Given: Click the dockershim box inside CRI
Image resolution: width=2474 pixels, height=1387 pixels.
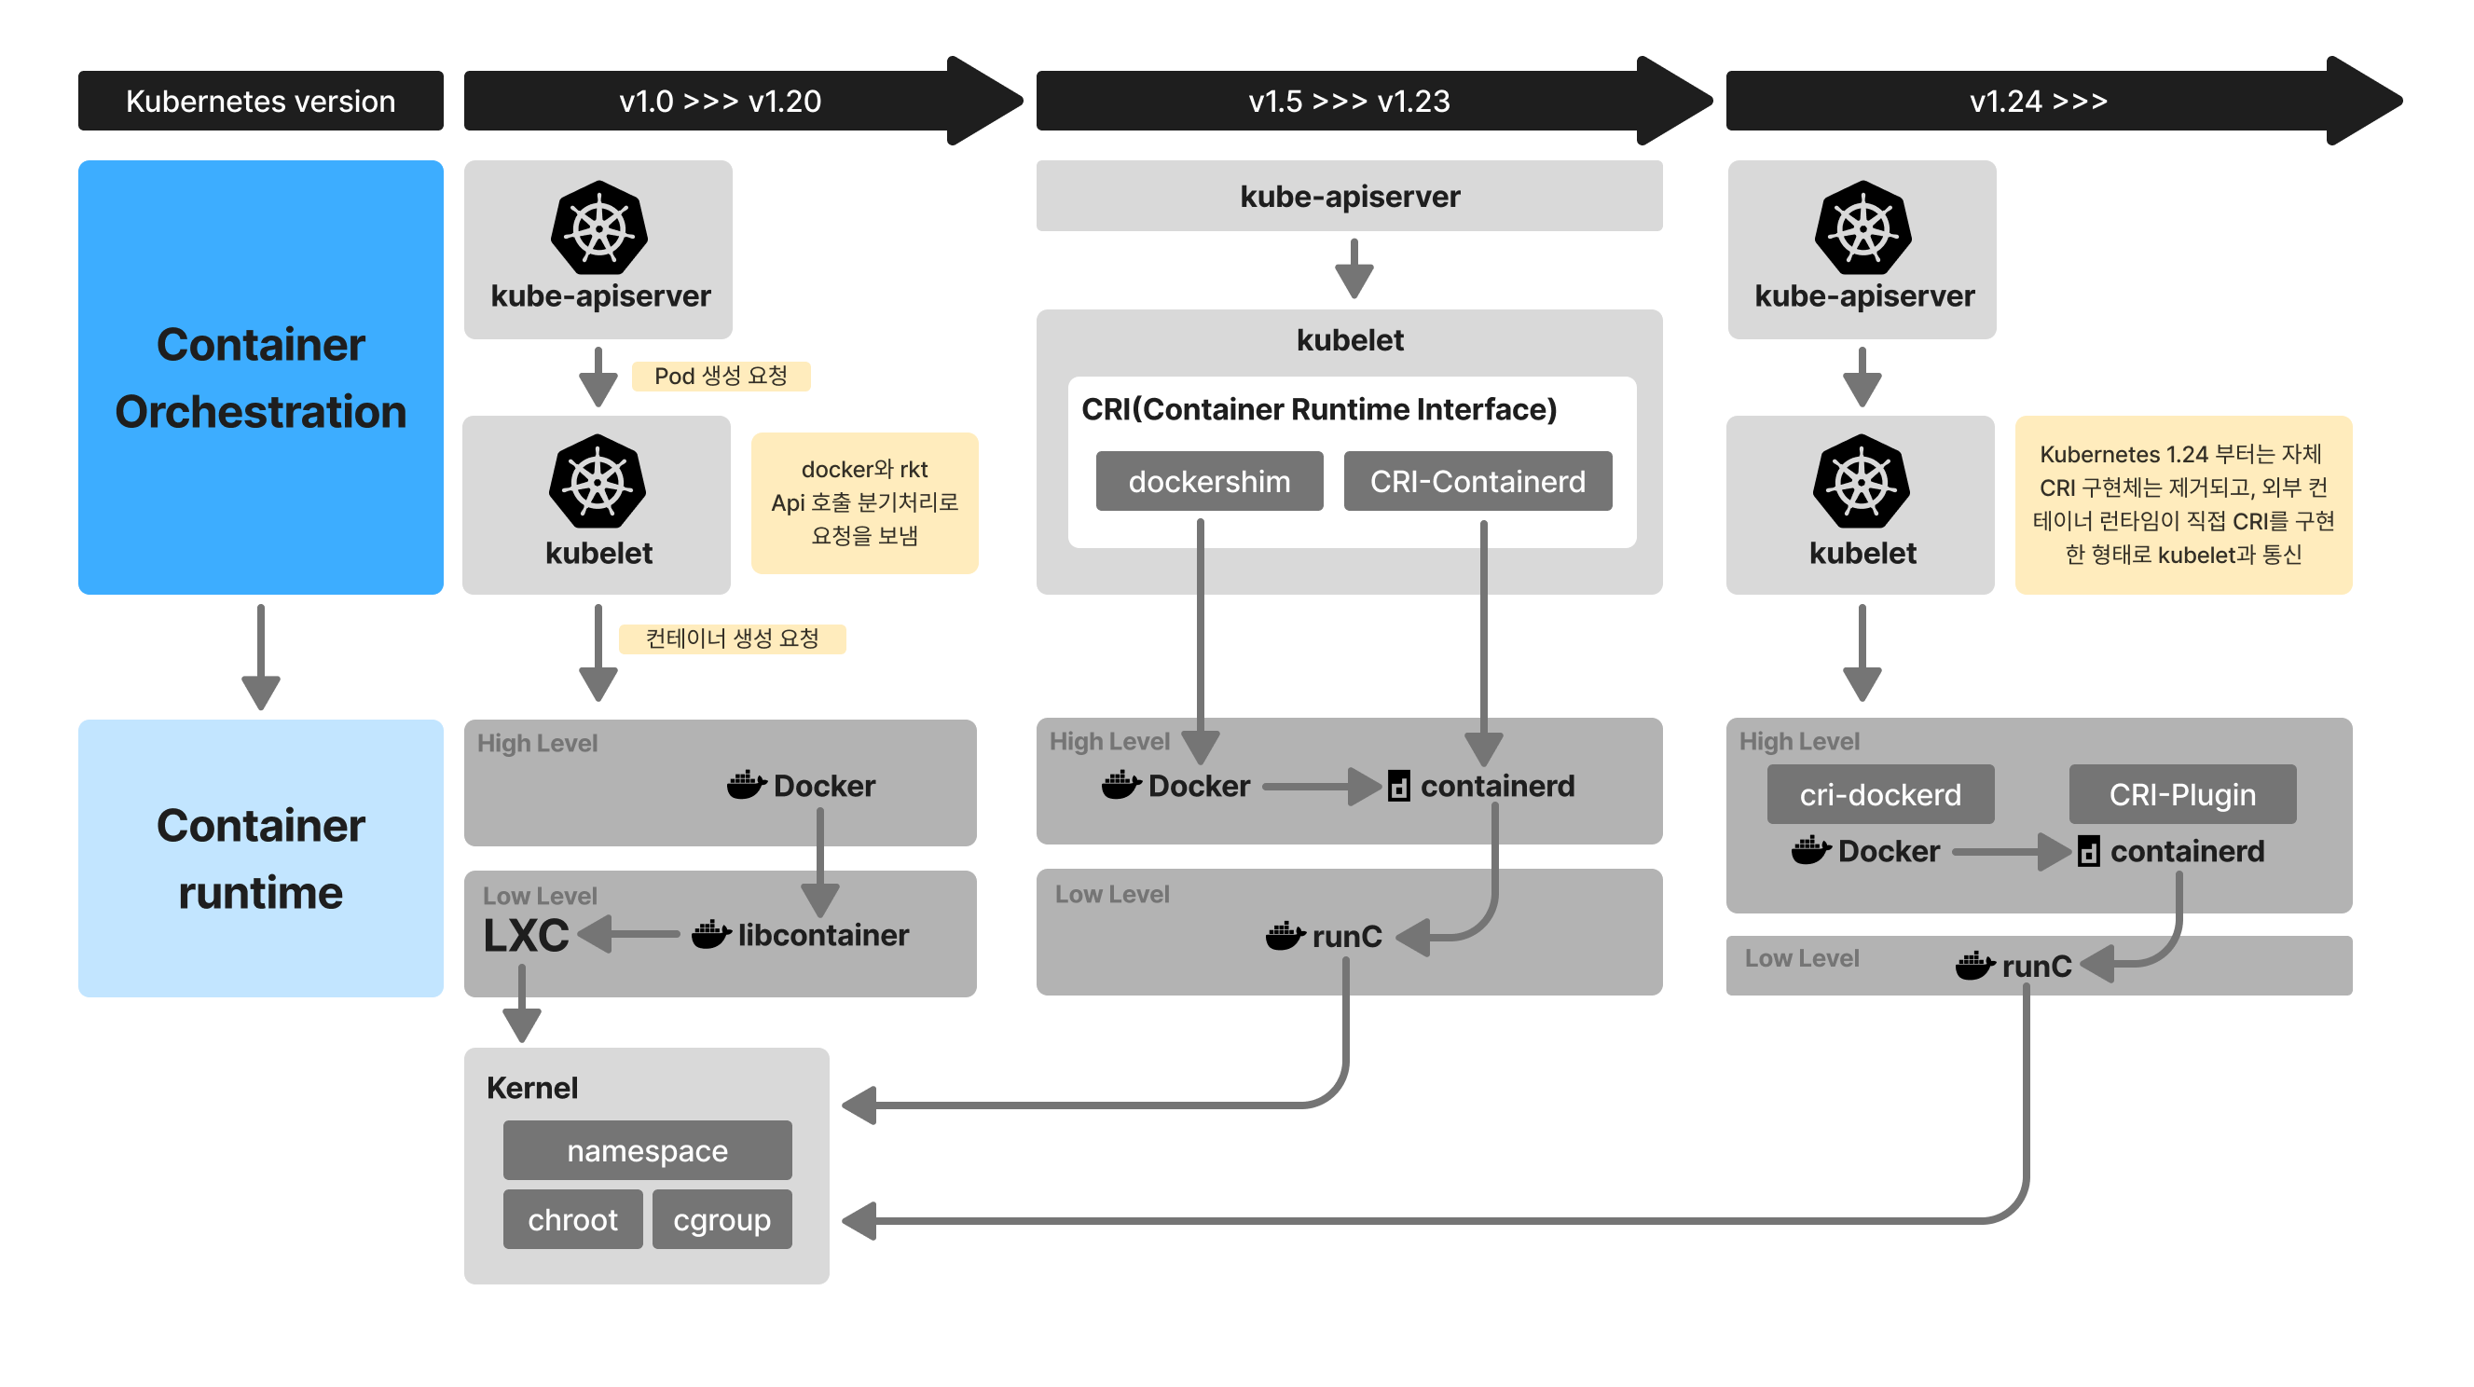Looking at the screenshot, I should pyautogui.click(x=1208, y=481).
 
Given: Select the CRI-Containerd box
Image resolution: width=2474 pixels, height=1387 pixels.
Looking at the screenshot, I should pyautogui.click(x=1478, y=481).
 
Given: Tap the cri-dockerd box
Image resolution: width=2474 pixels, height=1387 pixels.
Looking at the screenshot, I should pyautogui.click(x=1879, y=794).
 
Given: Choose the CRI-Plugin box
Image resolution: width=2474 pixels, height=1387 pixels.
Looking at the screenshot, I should pyautogui.click(x=2182, y=794).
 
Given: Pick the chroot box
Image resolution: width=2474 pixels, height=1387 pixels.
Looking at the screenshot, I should pyautogui.click(x=572, y=1219).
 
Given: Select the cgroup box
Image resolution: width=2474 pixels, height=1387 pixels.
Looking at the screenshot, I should pyautogui.click(x=722, y=1219).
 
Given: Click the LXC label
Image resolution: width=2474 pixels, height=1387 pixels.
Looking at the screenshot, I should pyautogui.click(x=526, y=935).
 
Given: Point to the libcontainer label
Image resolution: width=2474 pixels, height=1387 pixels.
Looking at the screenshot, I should pyautogui.click(x=822, y=935).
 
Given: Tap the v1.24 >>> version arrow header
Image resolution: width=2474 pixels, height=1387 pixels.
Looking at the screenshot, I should pyautogui.click(x=2038, y=101).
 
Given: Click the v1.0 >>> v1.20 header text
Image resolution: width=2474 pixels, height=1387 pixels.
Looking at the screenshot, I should pyautogui.click(x=720, y=101).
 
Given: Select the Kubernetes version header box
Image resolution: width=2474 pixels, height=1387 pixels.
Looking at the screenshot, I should pyautogui.click(x=260, y=101).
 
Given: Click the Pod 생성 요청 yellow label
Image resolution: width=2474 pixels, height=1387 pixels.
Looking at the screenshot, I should pyautogui.click(x=721, y=376).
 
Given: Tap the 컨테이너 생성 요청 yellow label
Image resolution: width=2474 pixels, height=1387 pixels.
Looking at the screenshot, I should pyautogui.click(x=732, y=639).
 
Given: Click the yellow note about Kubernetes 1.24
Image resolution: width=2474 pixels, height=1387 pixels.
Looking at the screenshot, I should pyautogui.click(x=2182, y=504).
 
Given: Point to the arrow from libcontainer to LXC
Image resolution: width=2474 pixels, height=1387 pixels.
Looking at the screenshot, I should pyautogui.click(x=629, y=934).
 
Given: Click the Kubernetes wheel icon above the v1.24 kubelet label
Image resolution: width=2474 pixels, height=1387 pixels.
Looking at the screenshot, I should pyautogui.click(x=1862, y=481).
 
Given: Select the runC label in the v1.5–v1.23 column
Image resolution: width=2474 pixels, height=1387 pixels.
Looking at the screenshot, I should pyautogui.click(x=1345, y=936).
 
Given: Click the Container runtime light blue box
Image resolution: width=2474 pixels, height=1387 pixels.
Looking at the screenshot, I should pyautogui.click(x=260, y=858).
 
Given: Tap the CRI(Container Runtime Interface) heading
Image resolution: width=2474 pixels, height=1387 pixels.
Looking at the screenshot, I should pyautogui.click(x=1319, y=409).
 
